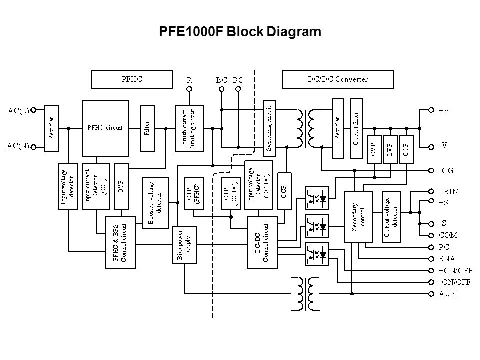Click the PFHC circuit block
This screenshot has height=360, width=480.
point(105,127)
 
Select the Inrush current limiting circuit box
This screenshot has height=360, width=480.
point(189,128)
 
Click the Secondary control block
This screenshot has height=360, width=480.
point(358,215)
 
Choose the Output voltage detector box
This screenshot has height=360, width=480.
point(392,215)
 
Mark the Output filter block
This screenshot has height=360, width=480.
point(356,128)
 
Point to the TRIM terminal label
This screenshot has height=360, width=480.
point(449,191)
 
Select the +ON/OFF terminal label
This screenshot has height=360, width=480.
point(455,270)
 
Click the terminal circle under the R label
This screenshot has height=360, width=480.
point(189,89)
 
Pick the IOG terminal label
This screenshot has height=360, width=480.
point(446,170)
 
